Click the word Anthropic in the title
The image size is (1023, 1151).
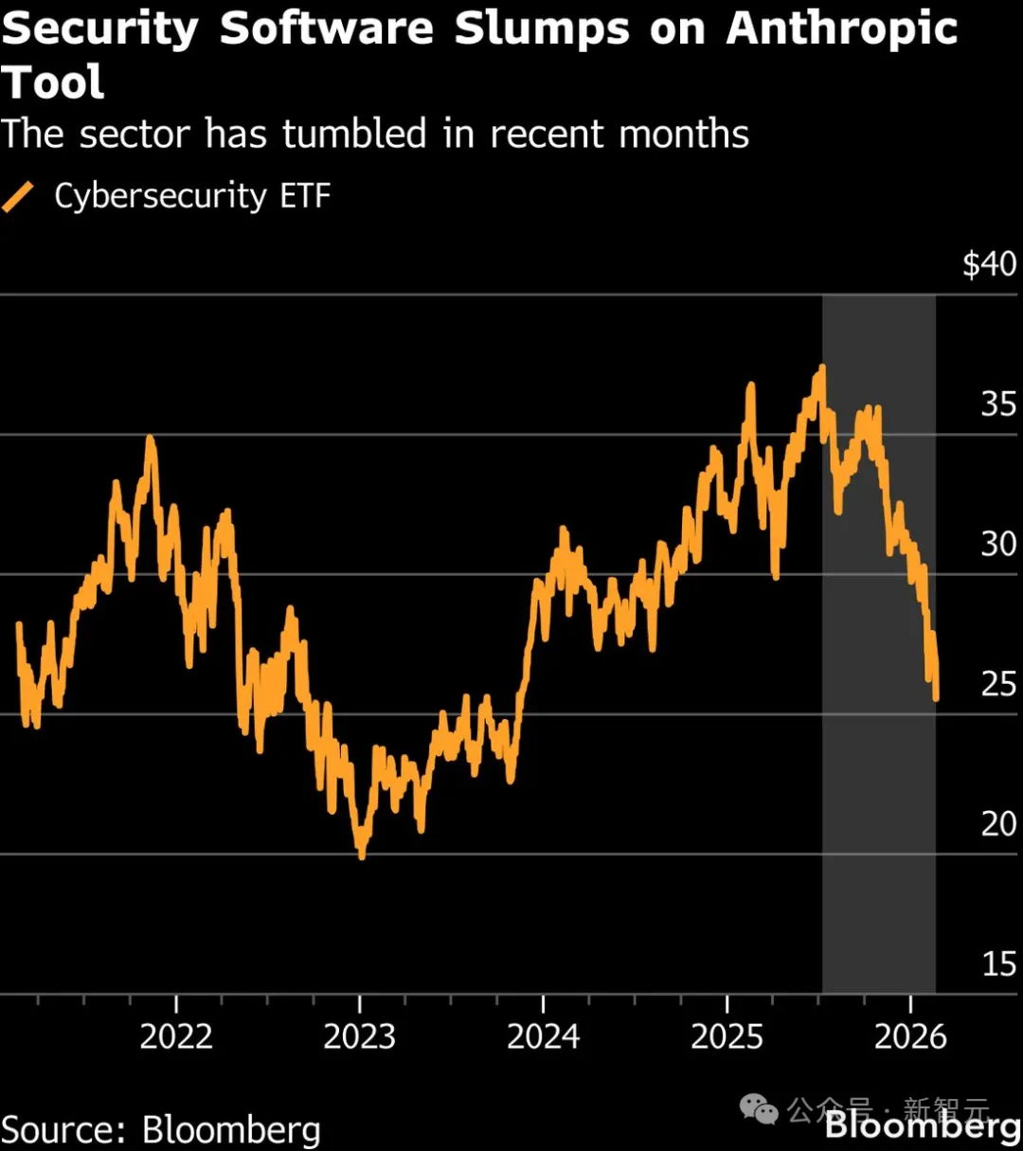click(x=842, y=28)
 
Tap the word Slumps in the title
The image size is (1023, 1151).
click(x=542, y=28)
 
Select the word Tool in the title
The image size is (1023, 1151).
click(x=52, y=82)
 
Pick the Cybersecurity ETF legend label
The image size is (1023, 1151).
click(x=192, y=196)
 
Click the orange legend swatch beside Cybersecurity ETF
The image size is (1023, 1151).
click(x=19, y=197)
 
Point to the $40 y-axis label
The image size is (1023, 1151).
click(x=989, y=264)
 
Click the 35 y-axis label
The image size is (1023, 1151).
click(x=998, y=405)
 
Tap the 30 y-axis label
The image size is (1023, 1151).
click(x=998, y=544)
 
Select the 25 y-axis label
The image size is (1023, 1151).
click(x=998, y=684)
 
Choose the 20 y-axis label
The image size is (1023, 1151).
click(x=998, y=824)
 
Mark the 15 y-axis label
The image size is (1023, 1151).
click(x=998, y=964)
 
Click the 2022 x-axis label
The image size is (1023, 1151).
click(x=176, y=1036)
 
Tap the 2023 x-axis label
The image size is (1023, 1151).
click(x=360, y=1036)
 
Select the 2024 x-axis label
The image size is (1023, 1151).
click(x=543, y=1036)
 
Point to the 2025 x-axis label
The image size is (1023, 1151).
click(x=727, y=1036)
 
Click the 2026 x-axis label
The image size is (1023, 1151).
click(x=910, y=1036)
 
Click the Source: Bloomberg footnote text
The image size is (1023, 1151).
click(x=161, y=1130)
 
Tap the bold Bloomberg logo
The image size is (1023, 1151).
click(x=923, y=1126)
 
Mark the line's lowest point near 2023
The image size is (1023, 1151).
click(x=361, y=855)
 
